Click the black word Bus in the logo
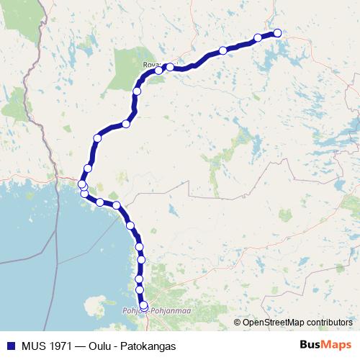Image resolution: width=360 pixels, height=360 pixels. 311,345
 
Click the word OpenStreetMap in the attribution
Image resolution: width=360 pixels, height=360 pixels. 273,322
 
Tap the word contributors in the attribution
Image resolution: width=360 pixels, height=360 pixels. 329,322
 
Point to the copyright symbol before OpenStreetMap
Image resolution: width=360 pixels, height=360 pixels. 238,322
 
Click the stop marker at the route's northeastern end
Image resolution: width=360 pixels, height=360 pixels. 277,32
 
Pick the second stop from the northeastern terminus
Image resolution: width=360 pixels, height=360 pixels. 258,37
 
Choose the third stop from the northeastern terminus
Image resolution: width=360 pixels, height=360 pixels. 223,50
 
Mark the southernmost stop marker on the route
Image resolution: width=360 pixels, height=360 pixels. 143,306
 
